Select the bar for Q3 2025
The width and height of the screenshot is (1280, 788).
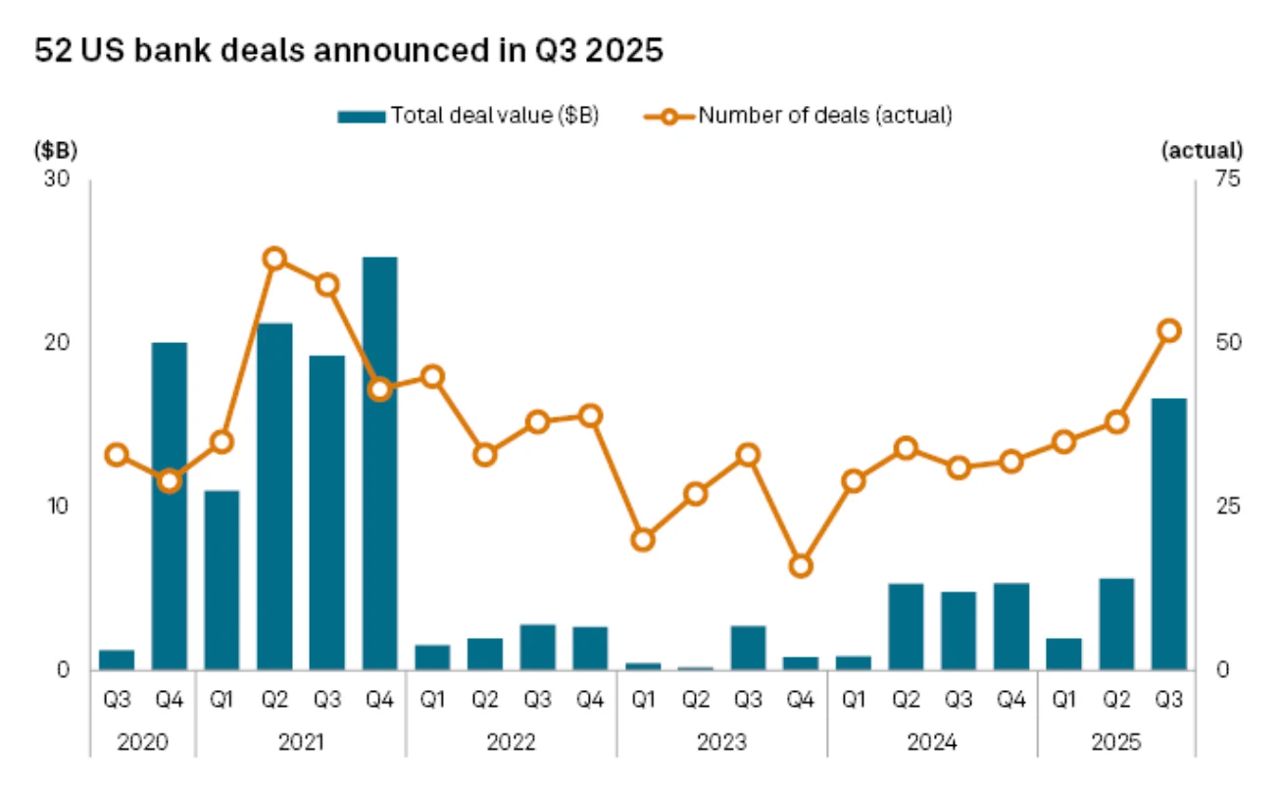click(x=1168, y=534)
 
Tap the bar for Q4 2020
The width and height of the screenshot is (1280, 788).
click(x=170, y=506)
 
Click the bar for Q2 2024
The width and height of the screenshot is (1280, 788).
click(x=906, y=627)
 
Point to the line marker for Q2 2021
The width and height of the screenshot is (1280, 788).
click(x=274, y=259)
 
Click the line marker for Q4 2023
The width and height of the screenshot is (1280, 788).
click(x=801, y=566)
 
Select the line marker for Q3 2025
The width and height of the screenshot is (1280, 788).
click(x=1168, y=330)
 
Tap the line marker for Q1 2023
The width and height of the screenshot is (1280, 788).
click(x=643, y=540)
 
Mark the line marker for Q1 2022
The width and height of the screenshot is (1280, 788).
click(x=432, y=376)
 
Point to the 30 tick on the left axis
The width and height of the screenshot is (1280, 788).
click(x=56, y=180)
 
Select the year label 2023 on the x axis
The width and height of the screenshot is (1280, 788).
click(x=721, y=743)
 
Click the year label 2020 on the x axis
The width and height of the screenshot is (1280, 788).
click(x=143, y=743)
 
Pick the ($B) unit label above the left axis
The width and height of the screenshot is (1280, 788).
click(x=55, y=151)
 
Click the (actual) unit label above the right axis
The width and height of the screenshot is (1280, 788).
click(x=1202, y=151)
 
